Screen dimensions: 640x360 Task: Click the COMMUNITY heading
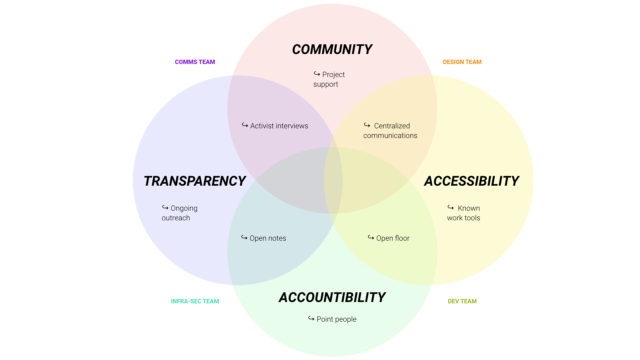[x=332, y=50]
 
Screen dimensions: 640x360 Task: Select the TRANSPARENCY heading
[x=195, y=181]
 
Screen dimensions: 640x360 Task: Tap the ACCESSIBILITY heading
[x=471, y=181]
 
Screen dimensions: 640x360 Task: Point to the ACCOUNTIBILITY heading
[x=332, y=298]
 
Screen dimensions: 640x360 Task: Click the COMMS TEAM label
[x=195, y=62]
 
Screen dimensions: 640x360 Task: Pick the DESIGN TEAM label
[x=462, y=62]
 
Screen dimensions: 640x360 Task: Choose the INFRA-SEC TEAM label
[x=195, y=301]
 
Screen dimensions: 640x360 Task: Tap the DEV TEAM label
[x=462, y=301]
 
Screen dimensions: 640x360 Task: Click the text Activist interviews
[x=279, y=126]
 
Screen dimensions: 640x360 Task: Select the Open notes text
[x=268, y=238]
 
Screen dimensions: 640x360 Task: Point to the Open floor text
[x=393, y=238]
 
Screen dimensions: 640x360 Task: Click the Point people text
[x=337, y=319]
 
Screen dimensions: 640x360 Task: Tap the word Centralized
[x=392, y=126]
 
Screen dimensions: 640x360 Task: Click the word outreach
[x=176, y=218]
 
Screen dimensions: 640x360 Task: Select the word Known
[x=469, y=208]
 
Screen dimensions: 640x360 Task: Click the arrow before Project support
[x=317, y=74]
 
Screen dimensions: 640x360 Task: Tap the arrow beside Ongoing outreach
[x=165, y=207]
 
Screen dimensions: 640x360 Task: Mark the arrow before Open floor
[x=371, y=237]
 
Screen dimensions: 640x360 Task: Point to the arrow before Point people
[x=311, y=318]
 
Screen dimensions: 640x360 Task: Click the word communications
[x=390, y=136]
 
